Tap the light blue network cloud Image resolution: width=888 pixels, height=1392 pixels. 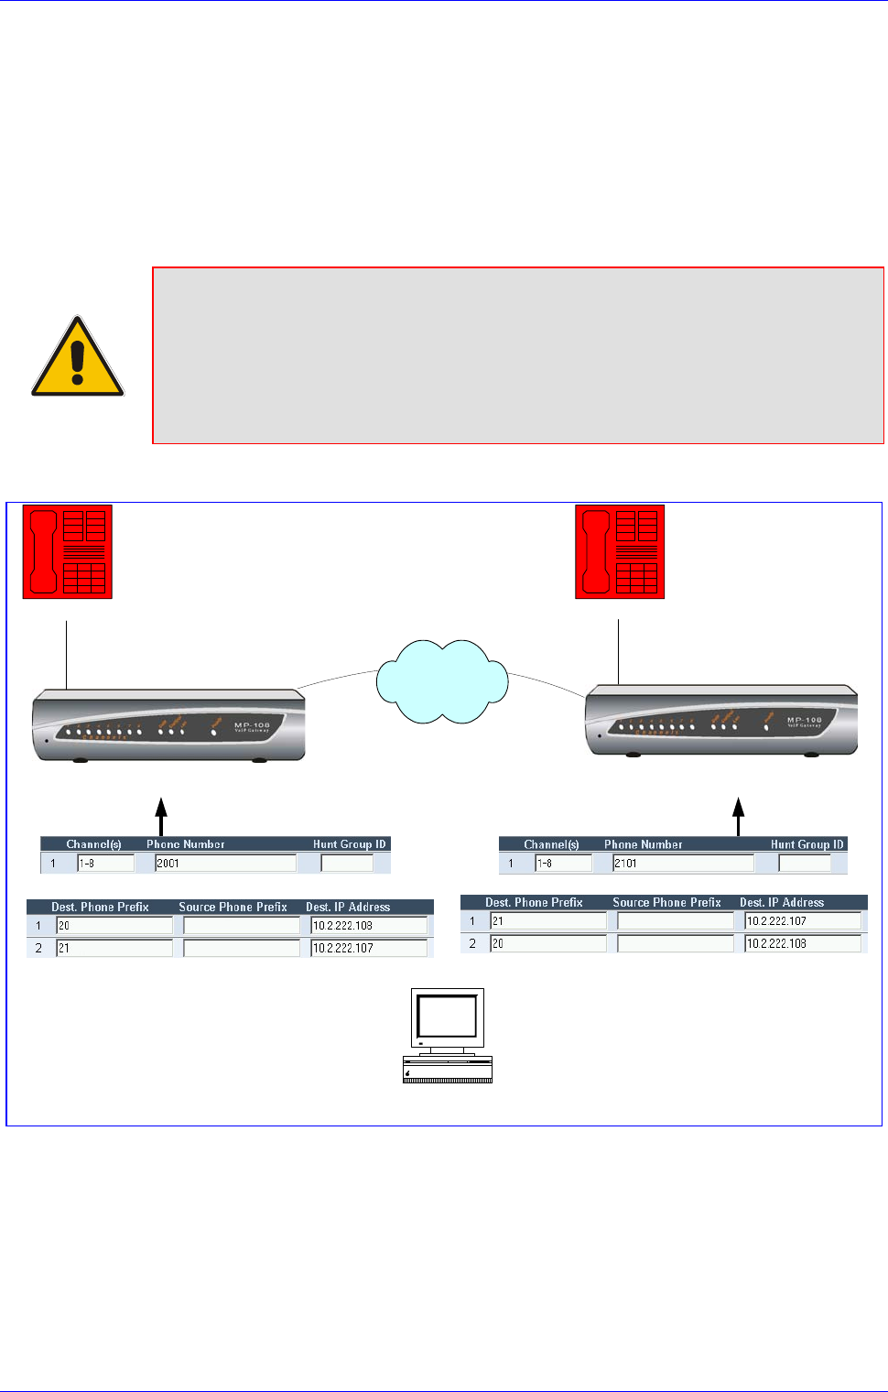click(442, 681)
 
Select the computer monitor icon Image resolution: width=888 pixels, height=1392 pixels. click(448, 1035)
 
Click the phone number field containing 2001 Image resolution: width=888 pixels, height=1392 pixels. click(225, 863)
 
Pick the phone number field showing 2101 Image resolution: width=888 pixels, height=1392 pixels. click(683, 863)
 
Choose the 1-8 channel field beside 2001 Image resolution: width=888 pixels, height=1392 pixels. click(105, 863)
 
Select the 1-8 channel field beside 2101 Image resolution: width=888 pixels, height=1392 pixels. click(563, 863)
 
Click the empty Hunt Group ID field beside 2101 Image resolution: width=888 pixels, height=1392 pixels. click(804, 863)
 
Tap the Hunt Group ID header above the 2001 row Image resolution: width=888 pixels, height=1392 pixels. click(349, 844)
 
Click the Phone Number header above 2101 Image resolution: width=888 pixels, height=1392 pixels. click(643, 844)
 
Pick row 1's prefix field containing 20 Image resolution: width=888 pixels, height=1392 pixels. click(114, 926)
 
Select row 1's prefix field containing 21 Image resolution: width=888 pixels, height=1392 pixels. click(548, 921)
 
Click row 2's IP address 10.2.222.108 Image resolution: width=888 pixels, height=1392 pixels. click(802, 943)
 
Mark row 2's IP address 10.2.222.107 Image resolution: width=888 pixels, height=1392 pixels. click(368, 948)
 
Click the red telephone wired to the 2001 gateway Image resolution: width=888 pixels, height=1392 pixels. click(68, 551)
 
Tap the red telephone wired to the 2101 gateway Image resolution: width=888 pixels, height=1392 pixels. click(620, 551)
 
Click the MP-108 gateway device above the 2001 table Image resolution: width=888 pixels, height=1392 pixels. click(168, 724)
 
